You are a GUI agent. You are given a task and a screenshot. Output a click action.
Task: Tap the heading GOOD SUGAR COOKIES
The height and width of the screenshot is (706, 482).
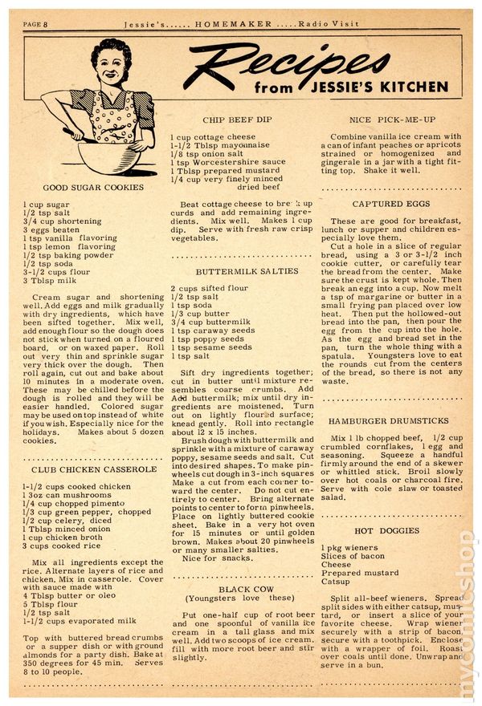[83, 187]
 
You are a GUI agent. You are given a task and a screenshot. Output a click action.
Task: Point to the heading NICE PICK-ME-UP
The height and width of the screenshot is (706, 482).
[393, 119]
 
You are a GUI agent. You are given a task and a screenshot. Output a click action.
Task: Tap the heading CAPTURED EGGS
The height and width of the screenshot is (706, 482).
[391, 204]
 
